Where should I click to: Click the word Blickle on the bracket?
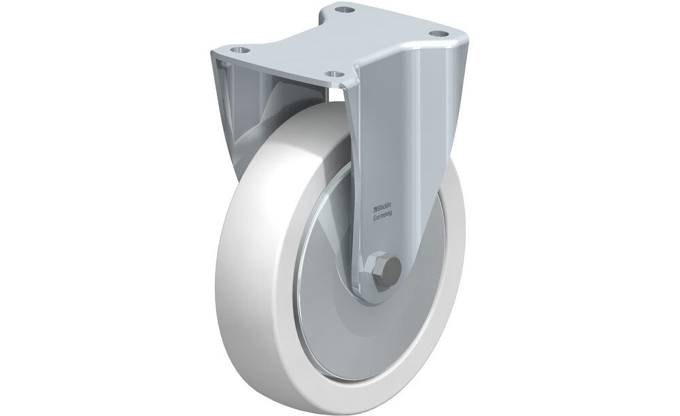[384, 207]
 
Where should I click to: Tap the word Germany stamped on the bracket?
[383, 214]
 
